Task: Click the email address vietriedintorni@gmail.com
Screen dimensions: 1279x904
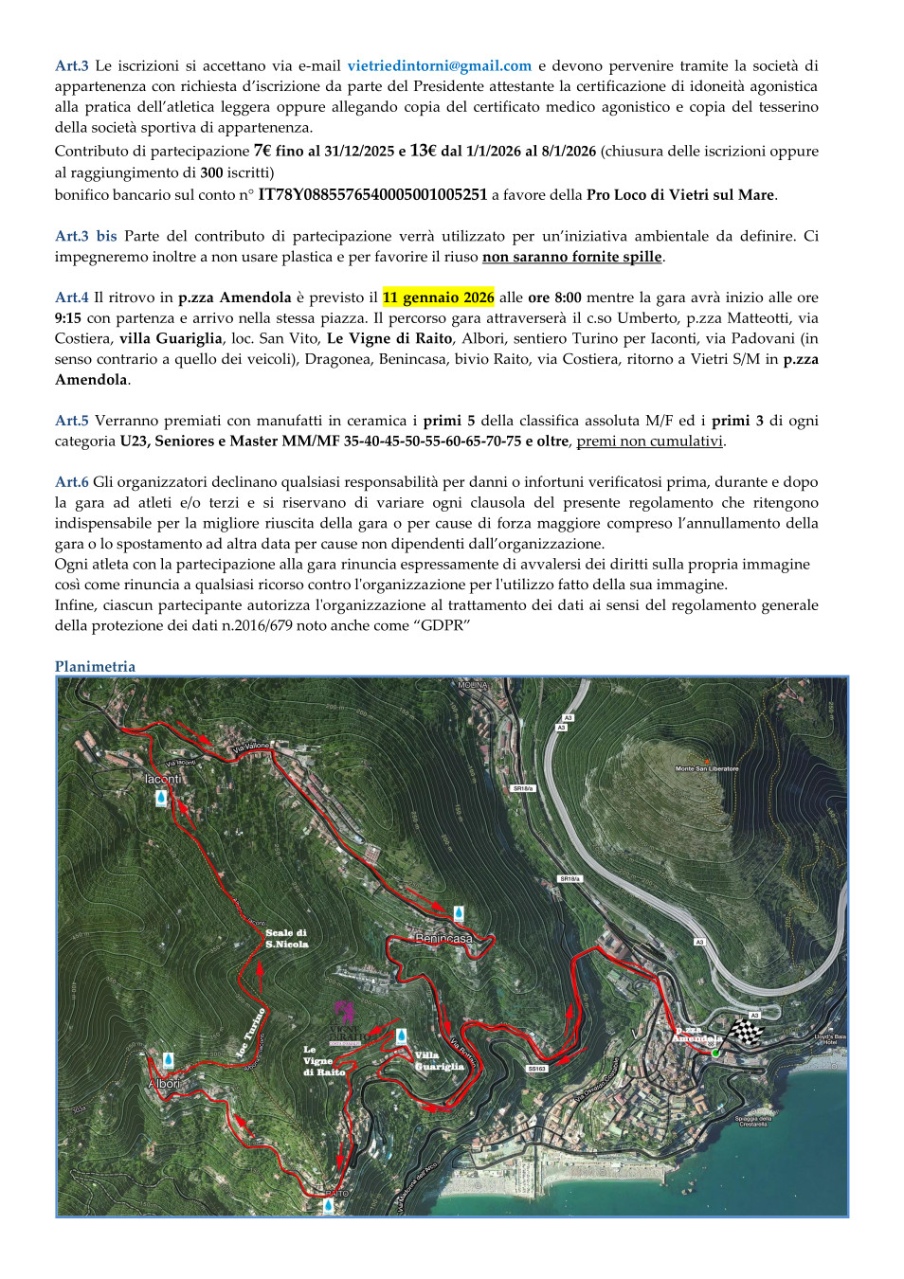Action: [x=439, y=66]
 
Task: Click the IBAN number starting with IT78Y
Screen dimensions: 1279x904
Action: [x=372, y=195]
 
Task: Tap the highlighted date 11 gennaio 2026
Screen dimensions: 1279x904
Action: [x=438, y=297]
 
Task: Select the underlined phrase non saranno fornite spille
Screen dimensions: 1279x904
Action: [x=571, y=257]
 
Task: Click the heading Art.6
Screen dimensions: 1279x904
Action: [x=71, y=482]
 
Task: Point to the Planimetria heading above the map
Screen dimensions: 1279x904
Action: [x=95, y=667]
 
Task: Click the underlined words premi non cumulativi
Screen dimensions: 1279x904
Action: [x=649, y=441]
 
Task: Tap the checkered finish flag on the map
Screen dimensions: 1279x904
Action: [x=746, y=1030]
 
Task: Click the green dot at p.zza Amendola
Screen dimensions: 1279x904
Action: [x=715, y=1053]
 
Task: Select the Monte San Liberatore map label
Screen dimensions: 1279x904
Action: [x=706, y=768]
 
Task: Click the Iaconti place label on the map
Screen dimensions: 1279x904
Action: [x=162, y=779]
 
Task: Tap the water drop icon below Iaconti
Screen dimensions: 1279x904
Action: [x=161, y=798]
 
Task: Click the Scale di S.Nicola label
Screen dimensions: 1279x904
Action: [x=286, y=938]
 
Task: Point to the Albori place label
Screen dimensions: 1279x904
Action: [x=164, y=1083]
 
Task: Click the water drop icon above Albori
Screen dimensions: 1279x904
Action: [x=168, y=1059]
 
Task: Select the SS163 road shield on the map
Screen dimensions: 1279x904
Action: [x=536, y=1069]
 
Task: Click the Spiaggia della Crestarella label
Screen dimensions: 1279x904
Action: [x=753, y=1121]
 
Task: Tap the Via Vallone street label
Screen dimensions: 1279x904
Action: [x=251, y=747]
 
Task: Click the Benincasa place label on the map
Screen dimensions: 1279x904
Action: [x=443, y=938]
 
